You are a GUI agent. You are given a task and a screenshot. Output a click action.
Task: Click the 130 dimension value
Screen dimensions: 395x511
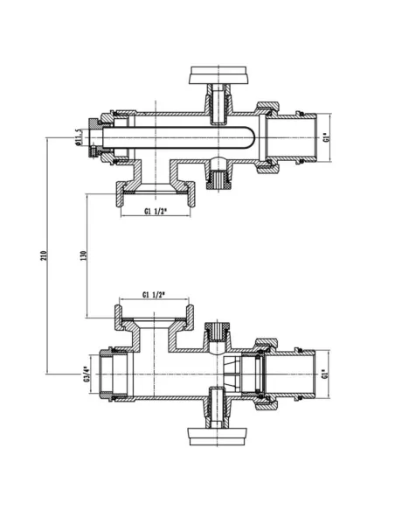(83, 255)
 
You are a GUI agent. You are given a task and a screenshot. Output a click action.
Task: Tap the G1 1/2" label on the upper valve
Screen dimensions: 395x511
(156, 211)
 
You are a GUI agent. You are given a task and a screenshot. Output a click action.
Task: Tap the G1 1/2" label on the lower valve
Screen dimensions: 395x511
(154, 295)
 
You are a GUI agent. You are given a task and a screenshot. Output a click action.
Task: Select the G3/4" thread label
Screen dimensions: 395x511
(86, 374)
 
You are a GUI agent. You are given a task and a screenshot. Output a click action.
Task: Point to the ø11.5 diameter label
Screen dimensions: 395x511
(78, 137)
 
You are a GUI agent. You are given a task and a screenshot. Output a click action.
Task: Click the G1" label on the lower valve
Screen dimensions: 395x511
(325, 374)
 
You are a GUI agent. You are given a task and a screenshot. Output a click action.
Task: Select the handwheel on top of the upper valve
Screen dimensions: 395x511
(218, 75)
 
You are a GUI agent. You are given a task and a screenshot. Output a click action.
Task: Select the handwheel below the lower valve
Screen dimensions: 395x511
(218, 437)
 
